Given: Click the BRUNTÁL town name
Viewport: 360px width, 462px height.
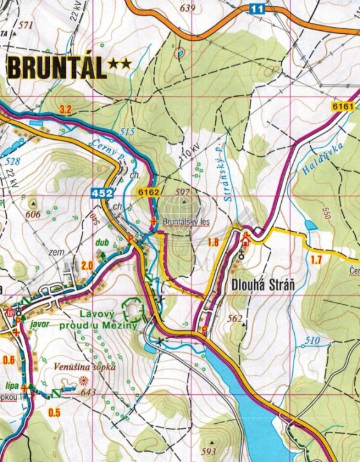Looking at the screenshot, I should (x=56, y=67).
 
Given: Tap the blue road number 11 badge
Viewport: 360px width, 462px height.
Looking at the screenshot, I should (x=257, y=8).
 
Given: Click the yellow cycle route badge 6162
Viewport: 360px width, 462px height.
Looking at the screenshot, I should (x=149, y=193).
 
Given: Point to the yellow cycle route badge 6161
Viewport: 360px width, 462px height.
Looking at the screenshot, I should (x=342, y=106).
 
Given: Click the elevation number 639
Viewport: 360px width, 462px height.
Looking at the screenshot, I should (x=188, y=8).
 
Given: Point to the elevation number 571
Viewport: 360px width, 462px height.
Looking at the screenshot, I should (x=25, y=25).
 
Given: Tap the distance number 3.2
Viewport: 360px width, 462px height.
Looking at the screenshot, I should (x=66, y=110).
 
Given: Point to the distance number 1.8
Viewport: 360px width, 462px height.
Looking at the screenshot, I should (x=213, y=241).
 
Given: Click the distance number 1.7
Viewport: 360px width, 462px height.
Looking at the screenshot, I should (x=316, y=259).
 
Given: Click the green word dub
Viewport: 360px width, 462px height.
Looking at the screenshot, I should (x=102, y=242).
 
